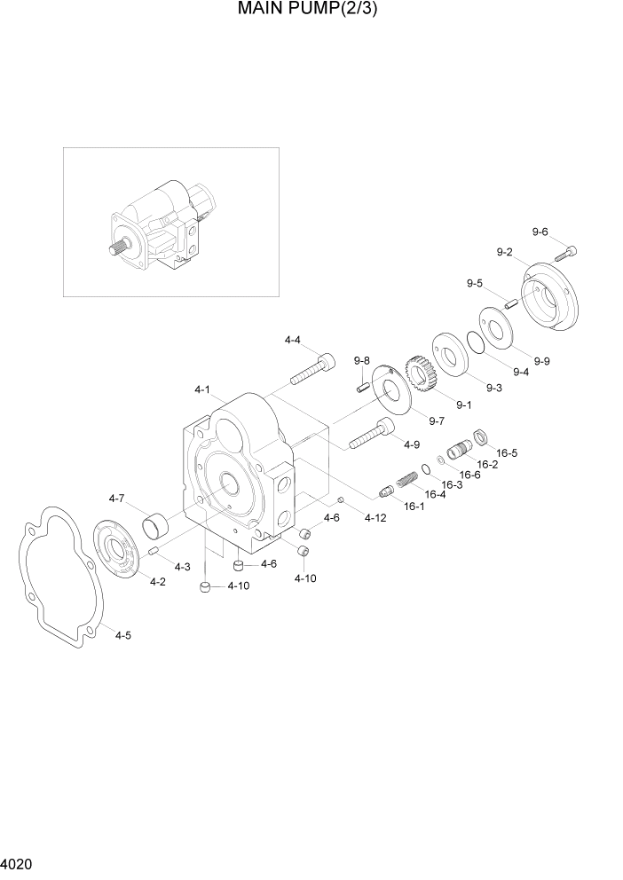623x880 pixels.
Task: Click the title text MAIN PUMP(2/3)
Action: (x=311, y=11)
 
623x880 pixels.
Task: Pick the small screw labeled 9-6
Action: (x=566, y=253)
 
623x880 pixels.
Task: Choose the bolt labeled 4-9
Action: (x=372, y=434)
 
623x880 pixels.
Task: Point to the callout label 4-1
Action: (x=201, y=389)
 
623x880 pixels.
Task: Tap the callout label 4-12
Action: (x=375, y=518)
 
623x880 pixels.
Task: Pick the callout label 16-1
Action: (x=414, y=507)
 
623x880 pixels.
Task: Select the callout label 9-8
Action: (x=361, y=360)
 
